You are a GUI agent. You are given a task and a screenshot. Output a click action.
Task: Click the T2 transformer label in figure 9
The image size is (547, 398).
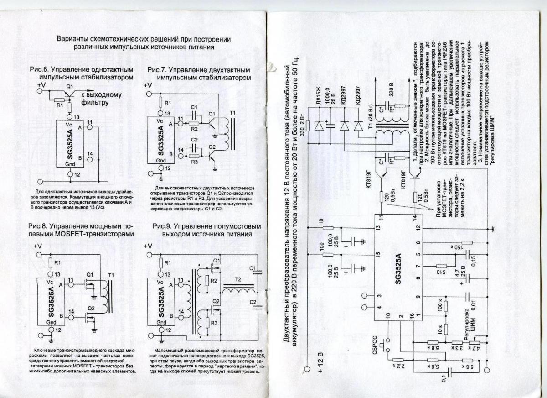click(x=237, y=280)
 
